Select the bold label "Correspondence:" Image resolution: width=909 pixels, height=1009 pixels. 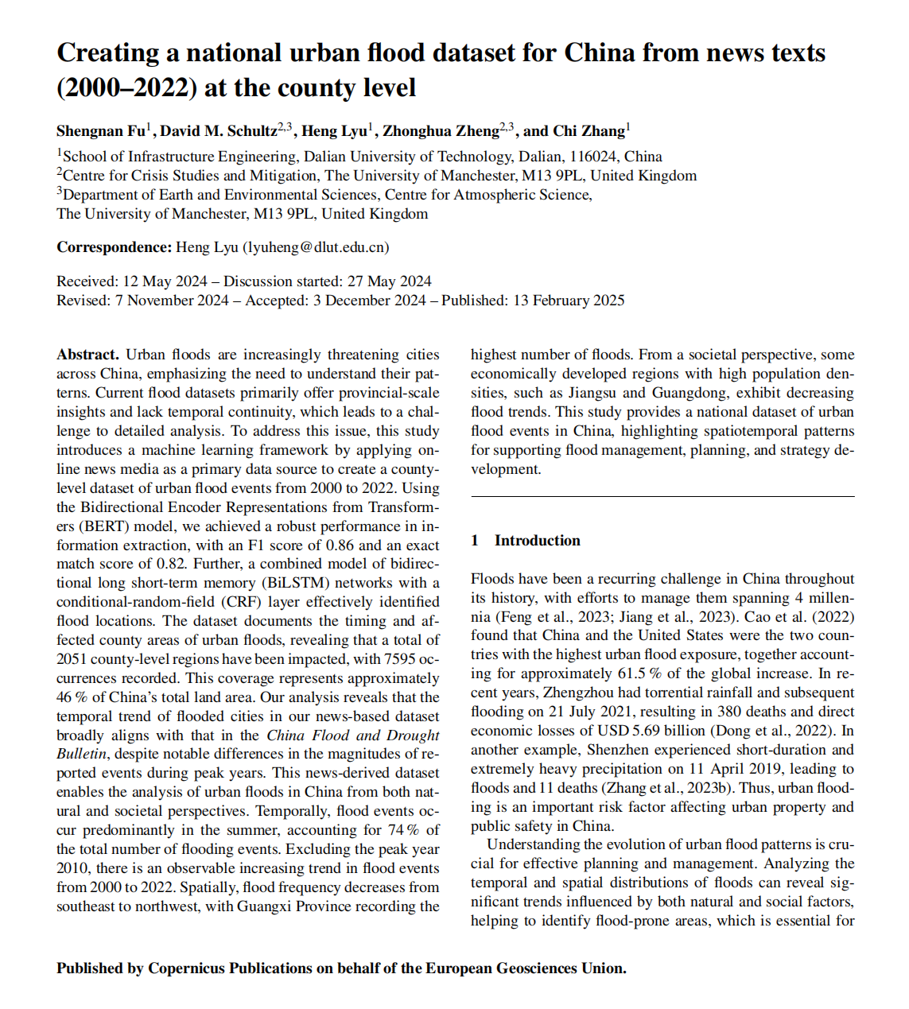pyautogui.click(x=114, y=247)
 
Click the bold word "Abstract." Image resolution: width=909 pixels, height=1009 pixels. pyautogui.click(x=87, y=355)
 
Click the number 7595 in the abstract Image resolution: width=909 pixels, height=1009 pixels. pyautogui.click(x=400, y=659)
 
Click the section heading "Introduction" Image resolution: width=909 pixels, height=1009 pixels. pyautogui.click(x=537, y=541)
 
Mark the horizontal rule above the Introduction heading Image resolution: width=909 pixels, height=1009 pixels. pyautogui.click(x=662, y=497)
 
